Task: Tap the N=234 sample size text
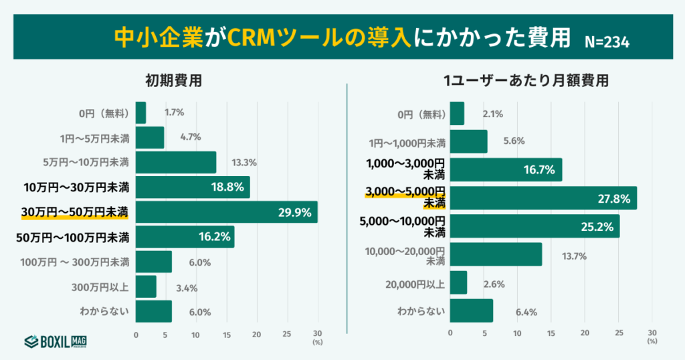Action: (x=607, y=41)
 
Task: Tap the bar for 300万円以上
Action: (x=146, y=286)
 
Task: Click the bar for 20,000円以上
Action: (x=459, y=282)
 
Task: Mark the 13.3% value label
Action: (x=243, y=163)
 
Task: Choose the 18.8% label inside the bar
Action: (x=227, y=187)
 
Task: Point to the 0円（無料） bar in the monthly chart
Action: (x=457, y=114)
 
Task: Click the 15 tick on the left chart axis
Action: (x=227, y=333)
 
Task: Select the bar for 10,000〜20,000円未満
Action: (x=496, y=254)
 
